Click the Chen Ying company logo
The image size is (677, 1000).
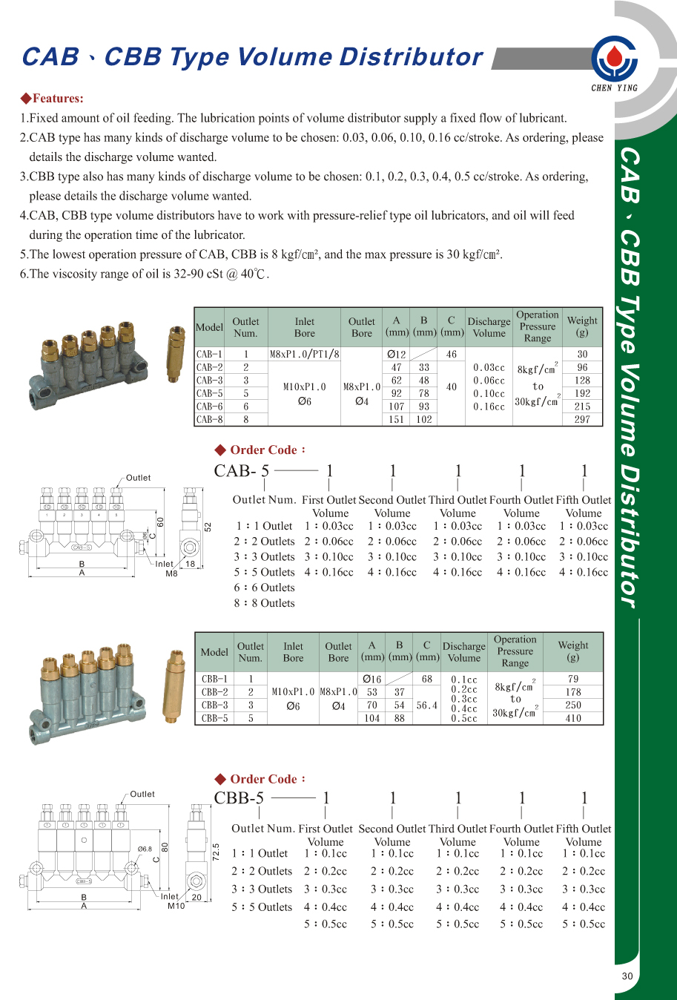point(614,59)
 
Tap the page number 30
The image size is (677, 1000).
point(627,976)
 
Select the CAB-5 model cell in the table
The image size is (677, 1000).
point(209,393)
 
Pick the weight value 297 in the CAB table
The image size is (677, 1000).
point(582,419)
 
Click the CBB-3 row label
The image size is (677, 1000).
point(214,705)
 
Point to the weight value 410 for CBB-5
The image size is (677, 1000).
point(573,718)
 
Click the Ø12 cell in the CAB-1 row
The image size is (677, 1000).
point(397,354)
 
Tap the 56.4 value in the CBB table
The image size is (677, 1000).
point(427,705)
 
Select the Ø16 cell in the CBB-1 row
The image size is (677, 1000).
point(372,679)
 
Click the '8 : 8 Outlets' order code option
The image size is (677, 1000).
point(265,603)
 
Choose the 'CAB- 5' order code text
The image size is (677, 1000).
point(241,471)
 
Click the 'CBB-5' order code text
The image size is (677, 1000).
point(239,798)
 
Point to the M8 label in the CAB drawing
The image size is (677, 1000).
point(171,573)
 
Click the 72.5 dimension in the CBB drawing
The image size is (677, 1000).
point(216,851)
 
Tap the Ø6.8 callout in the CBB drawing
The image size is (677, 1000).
point(145,849)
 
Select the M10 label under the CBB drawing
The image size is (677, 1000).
point(176,906)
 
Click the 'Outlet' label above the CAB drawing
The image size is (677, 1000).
point(138,478)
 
